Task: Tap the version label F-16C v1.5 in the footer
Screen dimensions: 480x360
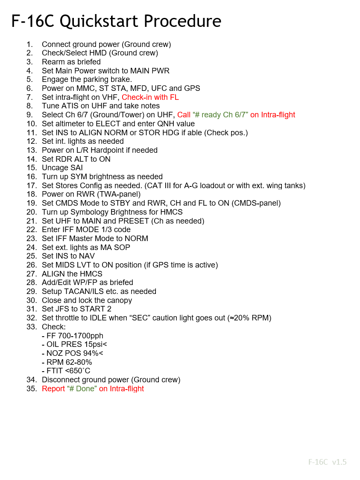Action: (x=327, y=462)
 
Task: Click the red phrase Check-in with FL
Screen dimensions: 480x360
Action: (x=150, y=97)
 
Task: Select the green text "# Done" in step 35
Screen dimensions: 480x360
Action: (x=82, y=389)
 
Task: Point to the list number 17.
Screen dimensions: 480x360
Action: (x=32, y=186)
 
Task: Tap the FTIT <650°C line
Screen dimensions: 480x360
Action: (x=66, y=371)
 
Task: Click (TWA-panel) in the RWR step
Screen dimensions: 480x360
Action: (x=119, y=194)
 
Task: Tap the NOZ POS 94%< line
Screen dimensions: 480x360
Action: (x=73, y=353)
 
